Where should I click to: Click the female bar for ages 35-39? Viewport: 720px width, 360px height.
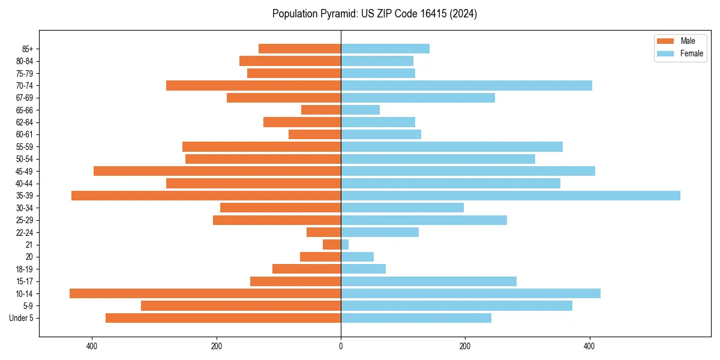(510, 196)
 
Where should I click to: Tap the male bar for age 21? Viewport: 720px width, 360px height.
(332, 245)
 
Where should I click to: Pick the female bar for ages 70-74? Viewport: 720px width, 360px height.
(466, 86)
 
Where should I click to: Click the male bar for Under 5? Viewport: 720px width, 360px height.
(223, 318)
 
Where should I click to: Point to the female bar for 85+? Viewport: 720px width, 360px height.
(385, 49)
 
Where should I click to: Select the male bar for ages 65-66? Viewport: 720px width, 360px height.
(321, 110)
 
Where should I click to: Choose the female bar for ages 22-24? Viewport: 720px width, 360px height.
(380, 232)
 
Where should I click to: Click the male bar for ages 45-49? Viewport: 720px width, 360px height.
(217, 171)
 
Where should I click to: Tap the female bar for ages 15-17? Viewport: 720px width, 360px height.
(428, 281)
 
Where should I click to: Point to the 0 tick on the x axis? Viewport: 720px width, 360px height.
(341, 346)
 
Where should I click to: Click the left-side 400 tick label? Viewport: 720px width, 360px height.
(92, 346)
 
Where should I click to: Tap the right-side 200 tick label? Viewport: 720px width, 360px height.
(465, 346)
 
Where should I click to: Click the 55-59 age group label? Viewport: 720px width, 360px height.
(25, 147)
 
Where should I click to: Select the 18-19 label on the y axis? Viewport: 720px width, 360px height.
(25, 269)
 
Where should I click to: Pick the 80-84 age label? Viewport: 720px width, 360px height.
(25, 61)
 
